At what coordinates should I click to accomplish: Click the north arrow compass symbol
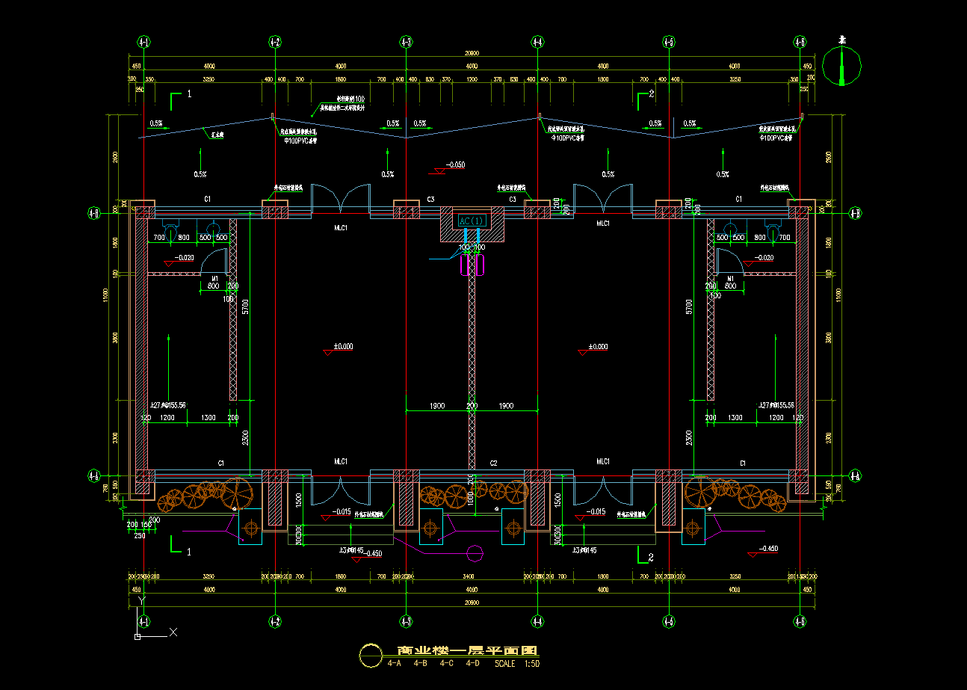pyautogui.click(x=841, y=66)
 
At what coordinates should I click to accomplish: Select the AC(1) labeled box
pyautogui.click(x=472, y=221)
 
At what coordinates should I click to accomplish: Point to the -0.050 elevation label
pyautogui.click(x=455, y=164)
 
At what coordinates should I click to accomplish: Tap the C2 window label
pyautogui.click(x=494, y=464)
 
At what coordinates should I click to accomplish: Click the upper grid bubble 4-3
pyautogui.click(x=406, y=42)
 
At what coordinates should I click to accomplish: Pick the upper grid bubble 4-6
pyautogui.click(x=800, y=42)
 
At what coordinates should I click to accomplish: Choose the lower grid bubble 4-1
pyautogui.click(x=144, y=621)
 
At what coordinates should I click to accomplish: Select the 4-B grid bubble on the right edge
pyautogui.click(x=856, y=213)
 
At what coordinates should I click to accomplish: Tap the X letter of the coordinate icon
pyautogui.click(x=173, y=632)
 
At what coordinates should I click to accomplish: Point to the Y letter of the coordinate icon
pyautogui.click(x=142, y=600)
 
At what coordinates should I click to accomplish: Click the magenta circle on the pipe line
pyautogui.click(x=475, y=553)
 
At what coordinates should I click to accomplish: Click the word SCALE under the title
pyautogui.click(x=505, y=664)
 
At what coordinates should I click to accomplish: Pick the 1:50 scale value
pyautogui.click(x=532, y=664)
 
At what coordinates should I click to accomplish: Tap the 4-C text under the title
pyautogui.click(x=447, y=664)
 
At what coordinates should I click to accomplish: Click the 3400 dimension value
pyautogui.click(x=469, y=577)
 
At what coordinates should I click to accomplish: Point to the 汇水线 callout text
pyautogui.click(x=218, y=136)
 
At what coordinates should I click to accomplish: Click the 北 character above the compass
pyautogui.click(x=841, y=39)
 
